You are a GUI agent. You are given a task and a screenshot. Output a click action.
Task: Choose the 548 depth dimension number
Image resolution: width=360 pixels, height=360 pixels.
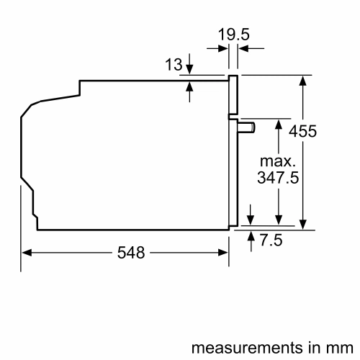click(x=130, y=253)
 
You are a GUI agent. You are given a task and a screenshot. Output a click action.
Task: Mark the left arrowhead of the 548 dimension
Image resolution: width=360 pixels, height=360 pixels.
click(x=27, y=253)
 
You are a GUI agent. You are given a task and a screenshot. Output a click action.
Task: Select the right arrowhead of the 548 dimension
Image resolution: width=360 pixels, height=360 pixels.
click(x=224, y=253)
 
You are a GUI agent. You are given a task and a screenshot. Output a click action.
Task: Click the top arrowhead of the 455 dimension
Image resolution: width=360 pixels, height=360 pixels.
click(x=303, y=80)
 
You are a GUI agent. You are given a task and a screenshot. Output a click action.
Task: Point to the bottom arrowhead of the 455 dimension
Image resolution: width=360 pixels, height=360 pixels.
click(x=303, y=224)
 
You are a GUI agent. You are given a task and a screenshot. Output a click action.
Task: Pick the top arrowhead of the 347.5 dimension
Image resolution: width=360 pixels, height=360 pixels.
click(x=278, y=123)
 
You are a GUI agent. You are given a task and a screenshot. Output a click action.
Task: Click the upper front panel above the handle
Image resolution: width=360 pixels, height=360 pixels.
click(x=233, y=94)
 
